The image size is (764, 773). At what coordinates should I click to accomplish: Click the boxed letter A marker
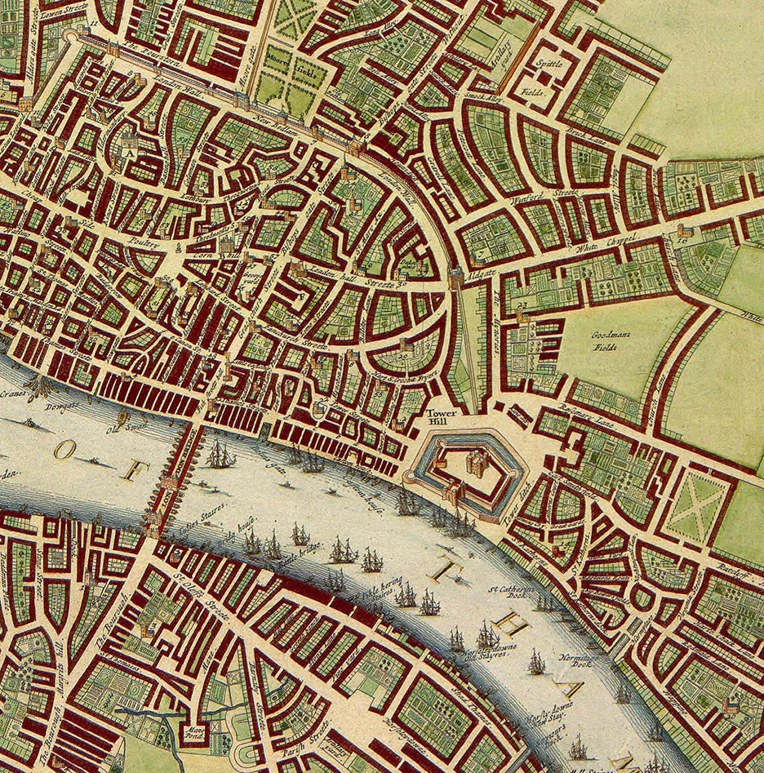129,150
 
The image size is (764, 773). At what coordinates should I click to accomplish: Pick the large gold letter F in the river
137,470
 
